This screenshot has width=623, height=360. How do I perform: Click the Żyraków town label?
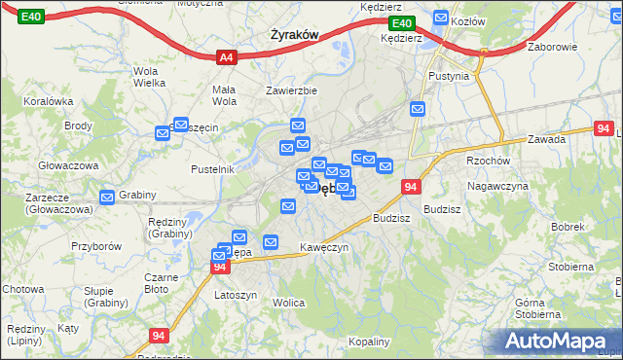click(x=294, y=35)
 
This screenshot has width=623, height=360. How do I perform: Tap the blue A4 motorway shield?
click(x=226, y=57)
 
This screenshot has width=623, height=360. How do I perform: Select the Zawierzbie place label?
click(x=292, y=91)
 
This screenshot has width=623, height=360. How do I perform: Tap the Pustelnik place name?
click(x=214, y=169)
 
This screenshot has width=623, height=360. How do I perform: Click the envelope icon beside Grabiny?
click(x=106, y=196)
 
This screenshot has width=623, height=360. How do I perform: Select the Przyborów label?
click(x=95, y=246)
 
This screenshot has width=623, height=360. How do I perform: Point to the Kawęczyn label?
click(x=323, y=247)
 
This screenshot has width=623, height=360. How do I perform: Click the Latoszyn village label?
click(x=235, y=295)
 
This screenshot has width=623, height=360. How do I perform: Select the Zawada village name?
click(x=547, y=139)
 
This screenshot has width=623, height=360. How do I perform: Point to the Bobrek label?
click(x=566, y=227)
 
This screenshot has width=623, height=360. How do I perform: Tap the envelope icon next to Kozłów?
click(x=440, y=18)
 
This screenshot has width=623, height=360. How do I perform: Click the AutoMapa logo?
click(x=558, y=341)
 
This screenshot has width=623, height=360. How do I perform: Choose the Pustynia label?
click(x=449, y=76)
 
